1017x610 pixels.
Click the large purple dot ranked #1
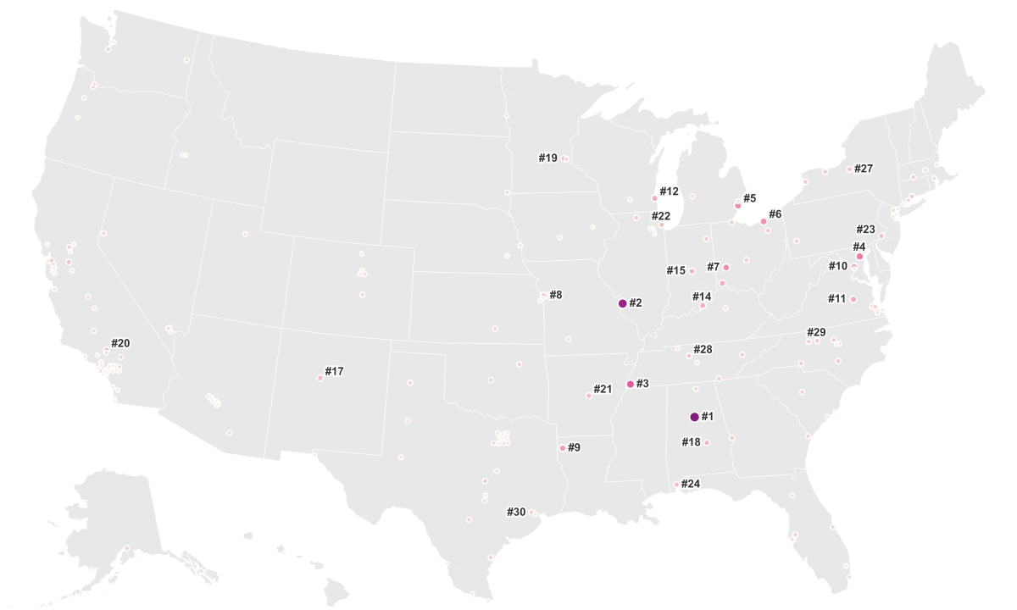tap(694, 417)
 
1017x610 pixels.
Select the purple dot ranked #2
tap(622, 303)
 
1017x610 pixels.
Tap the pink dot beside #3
tap(630, 385)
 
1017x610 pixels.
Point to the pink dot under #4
tap(859, 256)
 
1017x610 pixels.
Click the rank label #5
tap(749, 198)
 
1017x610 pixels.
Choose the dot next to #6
tap(764, 221)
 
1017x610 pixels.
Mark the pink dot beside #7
tap(726, 268)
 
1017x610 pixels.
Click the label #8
tap(555, 295)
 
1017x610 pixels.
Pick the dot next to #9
tap(562, 448)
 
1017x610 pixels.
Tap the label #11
tap(836, 298)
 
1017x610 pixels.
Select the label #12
tap(669, 191)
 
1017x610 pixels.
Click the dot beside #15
tap(692, 271)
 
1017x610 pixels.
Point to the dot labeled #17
tap(320, 378)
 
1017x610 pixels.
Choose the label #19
tap(547, 158)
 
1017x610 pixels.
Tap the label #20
tap(120, 343)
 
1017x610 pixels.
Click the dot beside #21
tap(589, 396)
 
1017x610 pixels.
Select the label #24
tap(691, 484)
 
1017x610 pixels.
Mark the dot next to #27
tap(849, 169)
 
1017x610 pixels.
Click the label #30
tap(516, 512)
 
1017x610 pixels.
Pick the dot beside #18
tap(707, 442)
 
